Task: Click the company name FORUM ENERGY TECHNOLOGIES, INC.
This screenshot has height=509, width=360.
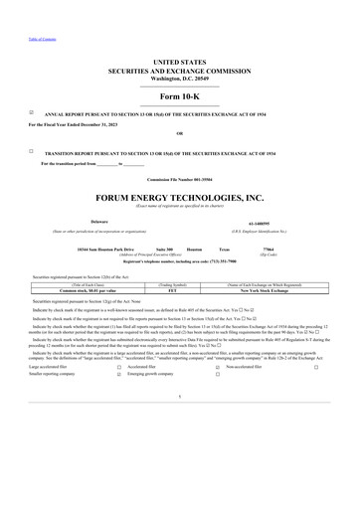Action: (179, 199)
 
